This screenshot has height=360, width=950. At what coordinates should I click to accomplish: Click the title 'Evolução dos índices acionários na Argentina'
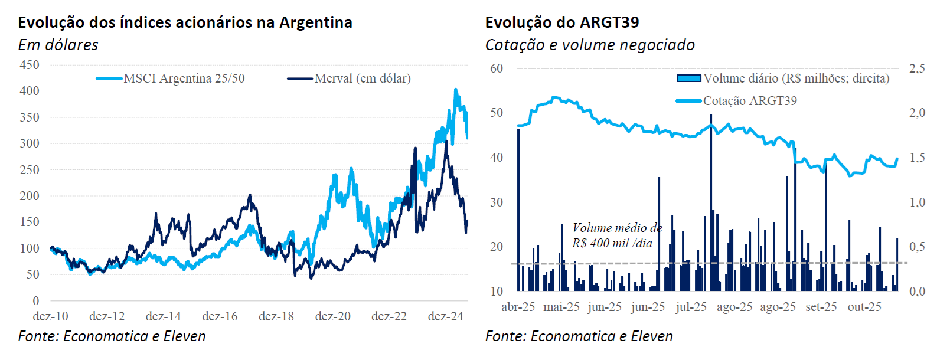(x=185, y=22)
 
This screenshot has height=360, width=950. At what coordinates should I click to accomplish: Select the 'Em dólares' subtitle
(x=58, y=45)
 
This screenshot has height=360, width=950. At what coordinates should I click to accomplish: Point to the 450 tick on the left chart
(x=30, y=65)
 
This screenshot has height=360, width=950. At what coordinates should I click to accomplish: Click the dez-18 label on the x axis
(x=276, y=316)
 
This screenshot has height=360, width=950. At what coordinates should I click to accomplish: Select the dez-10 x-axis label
(x=50, y=316)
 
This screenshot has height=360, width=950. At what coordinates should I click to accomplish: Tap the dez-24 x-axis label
(x=445, y=316)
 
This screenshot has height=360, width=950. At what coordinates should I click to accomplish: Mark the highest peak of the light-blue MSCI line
(x=455, y=90)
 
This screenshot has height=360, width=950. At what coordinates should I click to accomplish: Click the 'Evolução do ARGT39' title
(x=561, y=22)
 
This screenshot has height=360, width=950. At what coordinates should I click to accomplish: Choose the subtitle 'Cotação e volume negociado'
(x=589, y=45)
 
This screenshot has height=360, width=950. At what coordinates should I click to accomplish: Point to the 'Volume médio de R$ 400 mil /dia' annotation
(x=616, y=235)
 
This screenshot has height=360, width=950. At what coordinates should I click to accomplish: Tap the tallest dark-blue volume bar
(x=710, y=201)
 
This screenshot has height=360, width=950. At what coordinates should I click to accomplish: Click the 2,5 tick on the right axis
(x=917, y=68)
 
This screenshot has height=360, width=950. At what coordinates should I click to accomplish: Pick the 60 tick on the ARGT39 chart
(x=496, y=68)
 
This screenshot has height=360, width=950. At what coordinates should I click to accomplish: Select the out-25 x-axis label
(x=864, y=307)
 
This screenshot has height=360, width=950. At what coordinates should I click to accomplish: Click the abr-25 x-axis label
(x=518, y=307)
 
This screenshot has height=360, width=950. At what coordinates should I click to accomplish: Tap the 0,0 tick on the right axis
(x=917, y=292)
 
